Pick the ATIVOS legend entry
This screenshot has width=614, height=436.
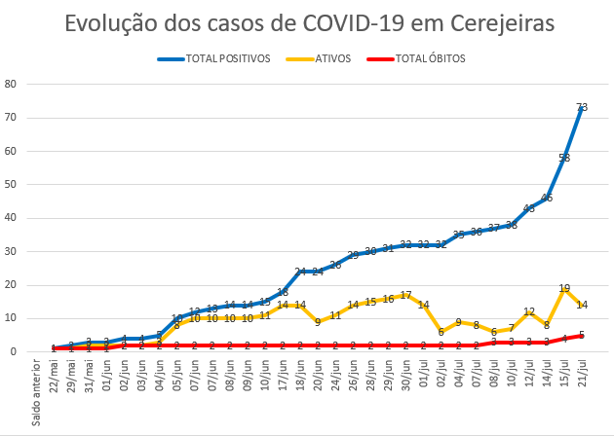pyautogui.click(x=332, y=58)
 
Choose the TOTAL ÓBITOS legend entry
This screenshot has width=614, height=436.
pyautogui.click(x=430, y=58)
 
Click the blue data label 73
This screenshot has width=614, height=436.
pyautogui.click(x=582, y=107)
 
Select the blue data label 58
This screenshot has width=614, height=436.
pyautogui.click(x=564, y=158)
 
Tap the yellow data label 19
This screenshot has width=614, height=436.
pyautogui.click(x=564, y=288)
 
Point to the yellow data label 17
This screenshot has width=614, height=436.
pyautogui.click(x=405, y=295)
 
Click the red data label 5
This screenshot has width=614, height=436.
pyautogui.click(x=582, y=335)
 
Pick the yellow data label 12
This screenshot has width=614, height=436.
pyautogui.click(x=529, y=311)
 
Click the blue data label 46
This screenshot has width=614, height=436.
pyautogui.click(x=547, y=198)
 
